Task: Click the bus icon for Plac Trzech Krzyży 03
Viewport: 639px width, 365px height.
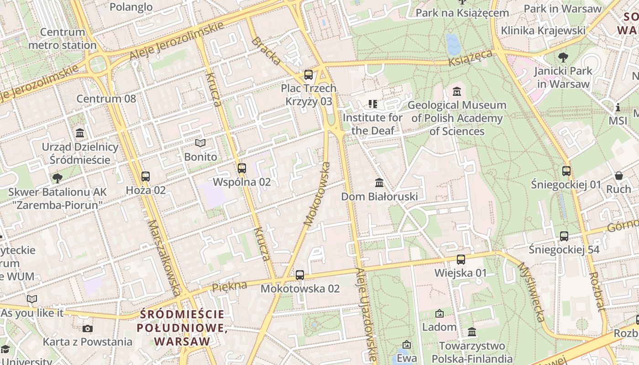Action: click(x=309, y=75)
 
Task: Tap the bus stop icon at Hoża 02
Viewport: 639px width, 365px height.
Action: click(x=146, y=177)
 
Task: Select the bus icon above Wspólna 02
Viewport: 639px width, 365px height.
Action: click(x=242, y=168)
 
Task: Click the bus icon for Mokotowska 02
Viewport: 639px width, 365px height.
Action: click(x=300, y=275)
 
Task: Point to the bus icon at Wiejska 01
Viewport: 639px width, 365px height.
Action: click(x=461, y=260)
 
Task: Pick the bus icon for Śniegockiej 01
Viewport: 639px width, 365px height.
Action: click(x=566, y=171)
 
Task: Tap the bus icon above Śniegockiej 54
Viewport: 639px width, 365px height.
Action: click(x=564, y=236)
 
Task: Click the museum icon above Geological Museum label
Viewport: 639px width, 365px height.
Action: click(x=457, y=92)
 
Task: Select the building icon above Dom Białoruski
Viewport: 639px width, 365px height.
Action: click(x=379, y=183)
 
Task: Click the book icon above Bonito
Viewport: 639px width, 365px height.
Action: click(x=200, y=143)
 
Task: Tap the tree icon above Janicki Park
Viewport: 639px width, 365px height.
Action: click(x=563, y=57)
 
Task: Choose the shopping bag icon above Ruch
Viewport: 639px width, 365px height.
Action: click(x=619, y=176)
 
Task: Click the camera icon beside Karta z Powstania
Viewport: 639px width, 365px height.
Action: click(x=88, y=328)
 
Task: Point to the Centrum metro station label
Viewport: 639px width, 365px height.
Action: click(x=63, y=39)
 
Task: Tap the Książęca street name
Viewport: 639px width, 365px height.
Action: click(x=471, y=58)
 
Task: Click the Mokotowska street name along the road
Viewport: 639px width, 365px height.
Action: click(x=317, y=194)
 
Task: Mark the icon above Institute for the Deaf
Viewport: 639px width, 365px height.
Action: click(x=373, y=104)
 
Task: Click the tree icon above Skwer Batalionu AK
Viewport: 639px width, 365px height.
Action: click(x=58, y=178)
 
